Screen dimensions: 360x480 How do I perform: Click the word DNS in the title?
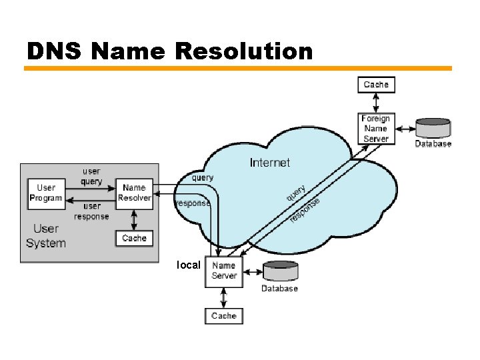click(x=53, y=51)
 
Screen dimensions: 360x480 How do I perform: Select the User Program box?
click(x=46, y=193)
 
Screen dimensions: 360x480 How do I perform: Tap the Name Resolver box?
click(x=134, y=193)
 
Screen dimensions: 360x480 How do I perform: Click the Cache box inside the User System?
click(x=134, y=238)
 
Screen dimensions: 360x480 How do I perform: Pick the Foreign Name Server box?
click(x=376, y=129)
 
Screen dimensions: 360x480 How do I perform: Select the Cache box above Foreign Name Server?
click(x=376, y=85)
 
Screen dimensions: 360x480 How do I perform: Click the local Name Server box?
click(x=223, y=271)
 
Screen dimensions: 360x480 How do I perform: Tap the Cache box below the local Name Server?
click(x=223, y=315)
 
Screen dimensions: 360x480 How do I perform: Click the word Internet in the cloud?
click(x=269, y=162)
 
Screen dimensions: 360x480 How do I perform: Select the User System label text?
click(x=46, y=236)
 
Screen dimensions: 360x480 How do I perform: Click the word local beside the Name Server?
click(x=188, y=265)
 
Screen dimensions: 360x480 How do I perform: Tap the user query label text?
click(x=91, y=177)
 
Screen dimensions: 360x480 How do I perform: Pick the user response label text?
click(x=91, y=211)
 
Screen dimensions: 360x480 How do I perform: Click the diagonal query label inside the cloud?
click(x=297, y=193)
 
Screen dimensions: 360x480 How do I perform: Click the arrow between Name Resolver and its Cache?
click(x=134, y=219)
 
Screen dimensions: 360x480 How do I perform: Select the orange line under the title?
click(x=238, y=68)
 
